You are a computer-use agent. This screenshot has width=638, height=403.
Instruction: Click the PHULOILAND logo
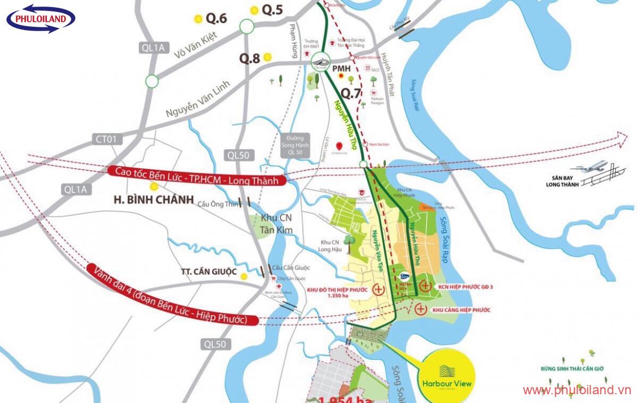(x=41, y=20)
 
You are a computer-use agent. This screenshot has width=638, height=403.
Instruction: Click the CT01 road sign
(x=106, y=140)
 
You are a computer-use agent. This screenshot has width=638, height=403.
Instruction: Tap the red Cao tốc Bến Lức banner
(x=197, y=176)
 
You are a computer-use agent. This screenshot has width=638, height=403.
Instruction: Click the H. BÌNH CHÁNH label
(x=153, y=200)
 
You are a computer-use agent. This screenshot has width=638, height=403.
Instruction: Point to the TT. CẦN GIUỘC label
(x=209, y=271)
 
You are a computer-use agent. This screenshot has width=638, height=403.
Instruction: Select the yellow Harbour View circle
(x=447, y=377)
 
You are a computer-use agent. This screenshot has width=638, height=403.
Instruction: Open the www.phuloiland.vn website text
(x=576, y=390)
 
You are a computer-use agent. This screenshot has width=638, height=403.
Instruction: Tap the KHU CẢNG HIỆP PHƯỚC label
(x=461, y=310)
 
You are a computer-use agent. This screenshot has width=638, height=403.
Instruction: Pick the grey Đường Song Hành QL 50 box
(x=296, y=145)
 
